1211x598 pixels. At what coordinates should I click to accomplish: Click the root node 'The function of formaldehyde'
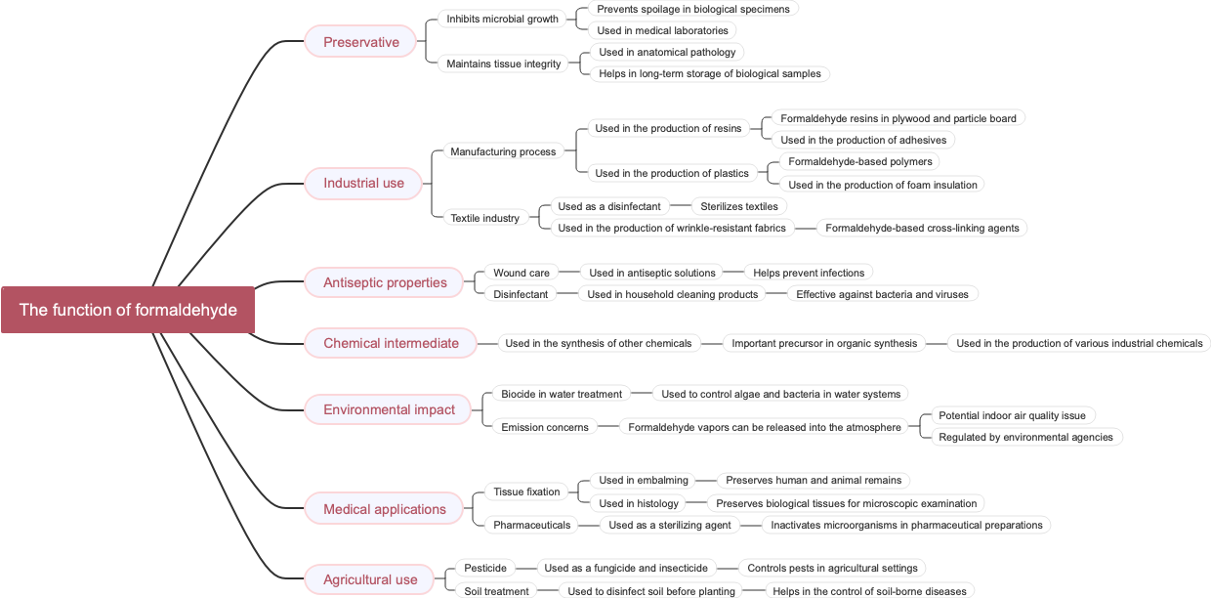click(x=128, y=310)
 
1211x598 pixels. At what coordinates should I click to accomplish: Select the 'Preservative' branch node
click(x=361, y=42)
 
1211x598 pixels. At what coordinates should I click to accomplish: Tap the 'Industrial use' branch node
click(x=363, y=183)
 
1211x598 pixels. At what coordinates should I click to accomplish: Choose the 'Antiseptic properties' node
click(x=385, y=282)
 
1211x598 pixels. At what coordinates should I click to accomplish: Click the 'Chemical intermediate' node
click(x=391, y=343)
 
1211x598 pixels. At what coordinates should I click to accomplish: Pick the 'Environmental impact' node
click(x=389, y=409)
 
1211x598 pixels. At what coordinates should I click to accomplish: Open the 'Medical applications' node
click(x=384, y=509)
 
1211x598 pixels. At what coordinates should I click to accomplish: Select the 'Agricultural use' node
click(x=370, y=579)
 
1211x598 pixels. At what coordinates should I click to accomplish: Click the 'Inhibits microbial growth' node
click(x=502, y=19)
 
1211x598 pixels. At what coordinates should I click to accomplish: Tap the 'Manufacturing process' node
click(x=503, y=151)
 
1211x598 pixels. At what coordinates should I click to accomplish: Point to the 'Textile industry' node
click(x=484, y=218)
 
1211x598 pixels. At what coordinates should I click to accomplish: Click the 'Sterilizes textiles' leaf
click(x=738, y=206)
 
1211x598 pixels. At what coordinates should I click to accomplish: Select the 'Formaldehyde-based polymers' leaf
click(x=859, y=161)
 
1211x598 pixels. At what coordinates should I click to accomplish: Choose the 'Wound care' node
click(x=521, y=273)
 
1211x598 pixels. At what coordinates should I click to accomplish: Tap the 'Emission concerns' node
click(x=544, y=427)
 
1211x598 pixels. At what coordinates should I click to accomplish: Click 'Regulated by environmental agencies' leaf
click(x=1025, y=437)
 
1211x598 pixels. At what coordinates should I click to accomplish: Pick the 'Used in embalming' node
click(x=643, y=480)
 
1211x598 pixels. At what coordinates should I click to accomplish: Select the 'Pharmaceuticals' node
click(x=531, y=525)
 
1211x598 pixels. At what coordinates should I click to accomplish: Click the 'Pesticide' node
click(x=485, y=568)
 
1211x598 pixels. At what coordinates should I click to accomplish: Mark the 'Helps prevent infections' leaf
click(x=808, y=273)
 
